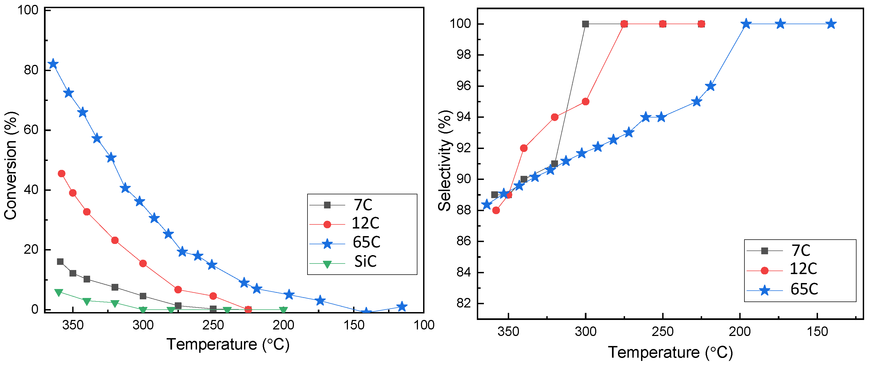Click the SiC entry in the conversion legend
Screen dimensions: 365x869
pos(365,261)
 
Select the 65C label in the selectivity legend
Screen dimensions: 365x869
pos(804,289)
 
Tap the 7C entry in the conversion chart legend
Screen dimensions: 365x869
pos(363,205)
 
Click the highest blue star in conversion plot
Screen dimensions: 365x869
pos(53,64)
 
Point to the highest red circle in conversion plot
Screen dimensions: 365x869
pos(61,174)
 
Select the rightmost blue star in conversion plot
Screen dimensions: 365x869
pos(401,307)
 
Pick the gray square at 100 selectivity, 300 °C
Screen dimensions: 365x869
pos(586,24)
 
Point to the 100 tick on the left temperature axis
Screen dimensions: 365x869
pos(424,325)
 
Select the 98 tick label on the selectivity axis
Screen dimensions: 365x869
pos(464,55)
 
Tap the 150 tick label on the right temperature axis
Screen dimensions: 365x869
pos(817,332)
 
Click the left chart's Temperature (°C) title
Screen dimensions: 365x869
pos(228,344)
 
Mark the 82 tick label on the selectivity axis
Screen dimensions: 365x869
pos(464,303)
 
